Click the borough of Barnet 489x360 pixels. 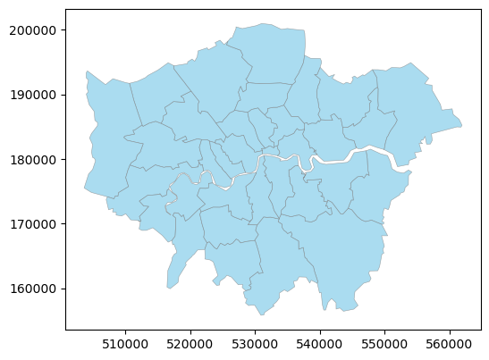[215, 80]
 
